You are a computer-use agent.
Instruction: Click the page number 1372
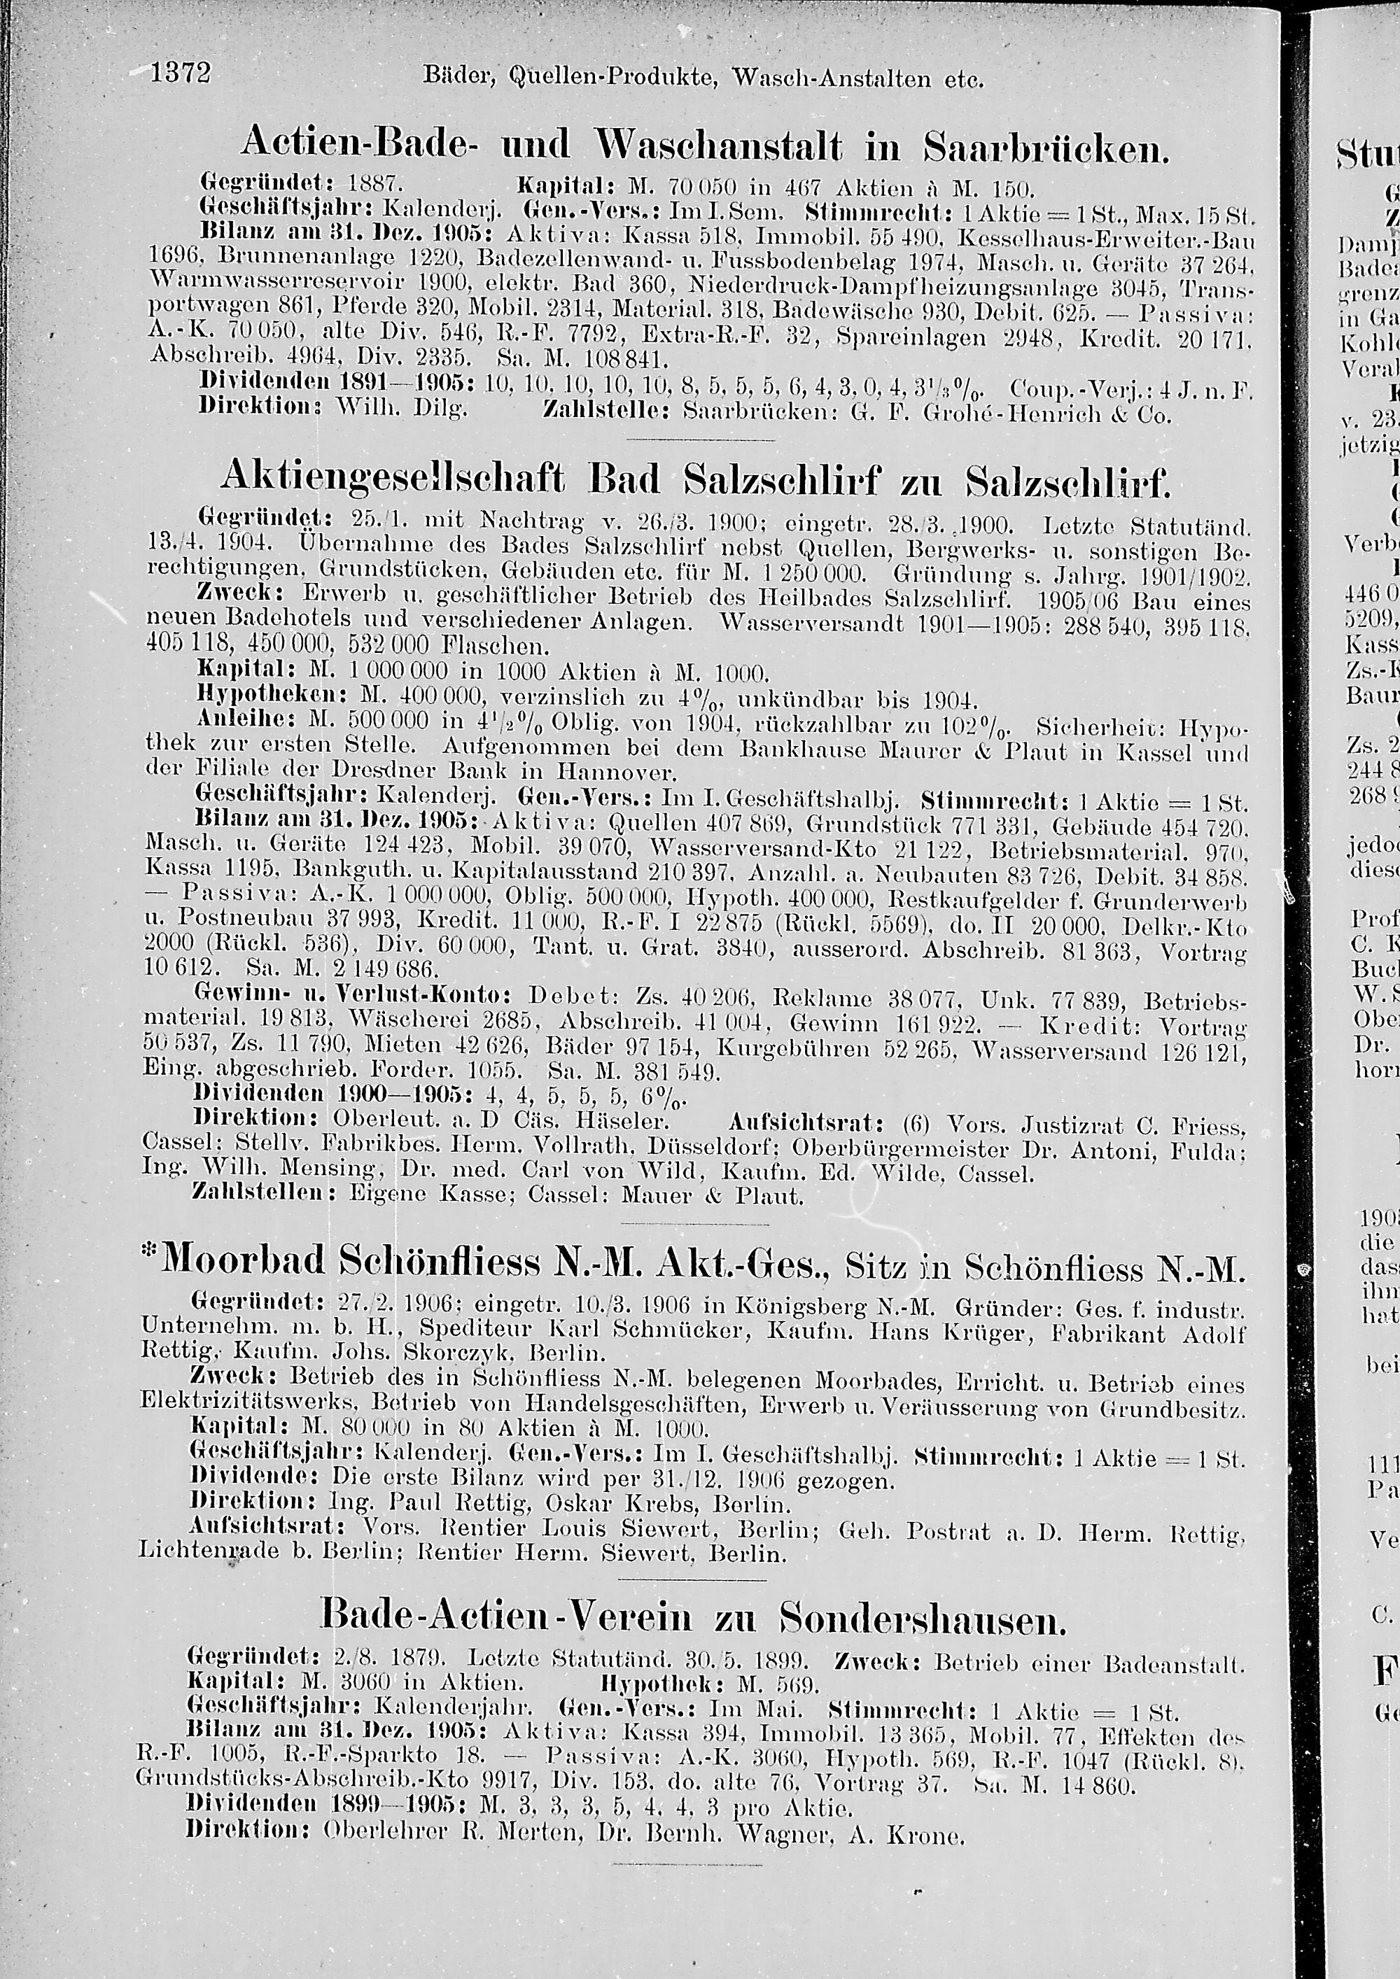pos(181,74)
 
